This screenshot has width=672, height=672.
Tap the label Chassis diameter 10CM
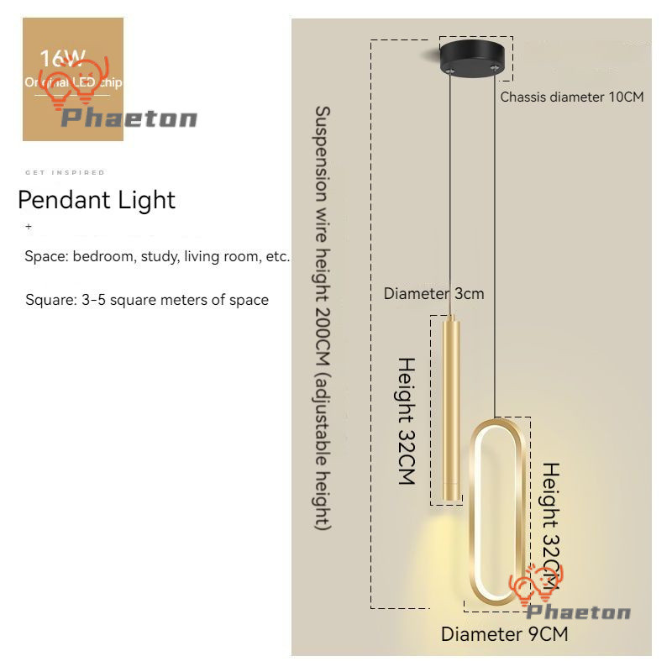pos(572,97)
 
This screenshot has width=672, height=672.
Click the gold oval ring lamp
pos(499,512)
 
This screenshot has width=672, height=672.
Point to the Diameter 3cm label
pos(433,294)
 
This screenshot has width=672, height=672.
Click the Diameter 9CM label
pos(504,634)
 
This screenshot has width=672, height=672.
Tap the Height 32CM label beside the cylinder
pos(407,422)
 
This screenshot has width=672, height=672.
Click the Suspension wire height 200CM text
pos(323,317)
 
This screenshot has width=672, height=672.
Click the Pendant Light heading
pos(97,200)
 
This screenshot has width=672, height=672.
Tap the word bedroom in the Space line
pos(102,257)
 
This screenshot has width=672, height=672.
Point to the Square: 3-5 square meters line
pos(147,300)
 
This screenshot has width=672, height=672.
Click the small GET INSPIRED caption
pos(66,172)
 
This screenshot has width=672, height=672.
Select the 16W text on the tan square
pos(62,59)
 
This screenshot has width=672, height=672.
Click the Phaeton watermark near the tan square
pos(129,118)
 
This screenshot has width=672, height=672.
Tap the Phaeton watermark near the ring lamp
pos(578,612)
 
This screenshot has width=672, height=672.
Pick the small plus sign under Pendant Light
pos(29,227)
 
